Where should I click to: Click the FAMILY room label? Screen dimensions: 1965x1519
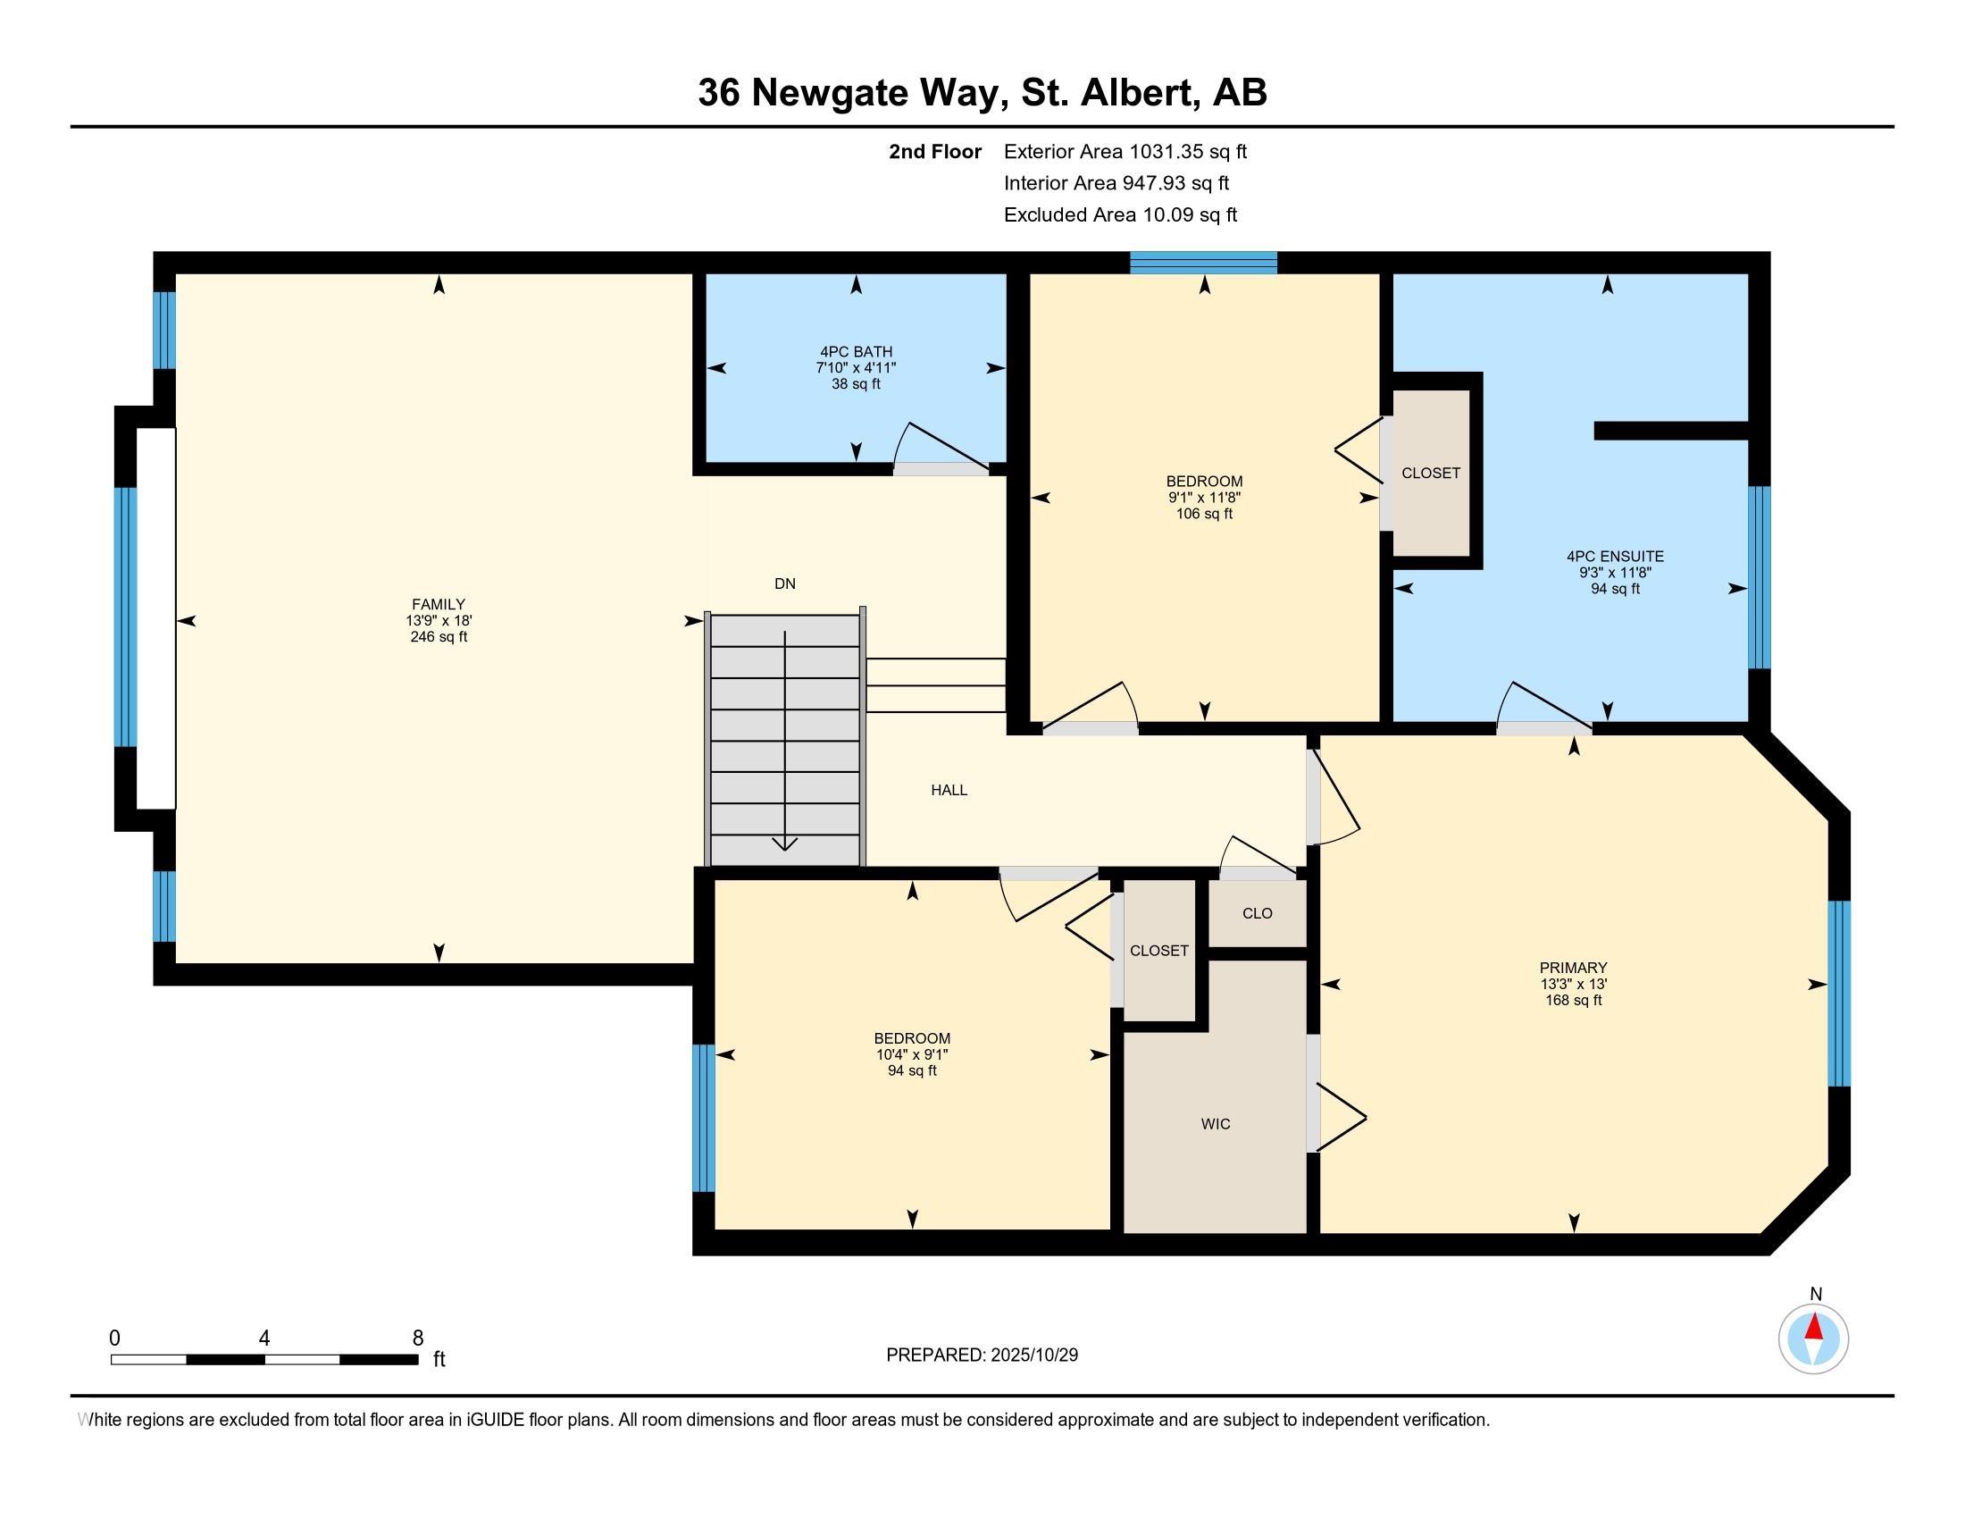click(x=439, y=605)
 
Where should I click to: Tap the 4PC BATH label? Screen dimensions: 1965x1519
click(x=856, y=352)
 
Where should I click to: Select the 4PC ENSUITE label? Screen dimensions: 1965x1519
click(x=1615, y=557)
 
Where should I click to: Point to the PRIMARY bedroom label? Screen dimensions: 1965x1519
click(x=1573, y=969)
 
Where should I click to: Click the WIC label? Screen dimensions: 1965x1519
click(x=1216, y=1124)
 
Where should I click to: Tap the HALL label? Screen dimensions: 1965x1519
click(x=949, y=790)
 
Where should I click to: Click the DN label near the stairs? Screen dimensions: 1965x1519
click(x=784, y=584)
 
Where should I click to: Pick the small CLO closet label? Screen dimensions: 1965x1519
click(x=1257, y=913)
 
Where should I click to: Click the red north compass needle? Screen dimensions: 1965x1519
click(x=1814, y=1326)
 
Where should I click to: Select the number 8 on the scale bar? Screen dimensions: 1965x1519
click(x=417, y=1339)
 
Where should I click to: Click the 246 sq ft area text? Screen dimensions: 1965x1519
click(x=439, y=637)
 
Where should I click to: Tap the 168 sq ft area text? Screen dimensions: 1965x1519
click(x=1573, y=1000)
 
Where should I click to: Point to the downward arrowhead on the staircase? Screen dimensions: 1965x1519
click(x=784, y=843)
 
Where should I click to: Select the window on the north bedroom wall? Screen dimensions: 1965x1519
click(x=1204, y=263)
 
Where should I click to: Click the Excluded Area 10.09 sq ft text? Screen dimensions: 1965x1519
click(x=1120, y=215)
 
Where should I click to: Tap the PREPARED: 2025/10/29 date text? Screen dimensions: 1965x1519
click(x=982, y=1355)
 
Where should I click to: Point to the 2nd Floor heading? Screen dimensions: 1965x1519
click(x=935, y=152)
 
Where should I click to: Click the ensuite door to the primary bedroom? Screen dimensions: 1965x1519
click(x=1544, y=707)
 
